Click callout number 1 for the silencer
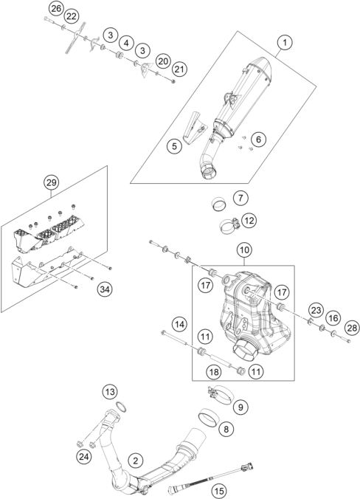285,42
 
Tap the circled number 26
56,9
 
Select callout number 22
71,16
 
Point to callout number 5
175,146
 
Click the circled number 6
258,139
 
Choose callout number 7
240,198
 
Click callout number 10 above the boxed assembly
244,250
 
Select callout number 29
52,182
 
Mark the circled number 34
105,289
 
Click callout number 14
180,325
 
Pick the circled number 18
214,371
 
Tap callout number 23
316,310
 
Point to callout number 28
352,328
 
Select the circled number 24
83,457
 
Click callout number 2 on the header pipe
136,461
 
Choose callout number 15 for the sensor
219,492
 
